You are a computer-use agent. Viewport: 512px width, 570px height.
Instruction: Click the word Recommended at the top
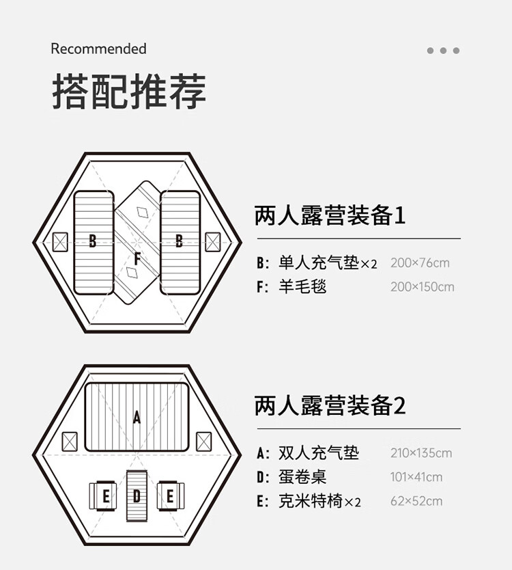(98, 49)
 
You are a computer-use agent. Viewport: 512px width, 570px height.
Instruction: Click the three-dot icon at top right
(443, 51)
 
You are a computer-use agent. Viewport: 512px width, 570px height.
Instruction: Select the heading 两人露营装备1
(330, 217)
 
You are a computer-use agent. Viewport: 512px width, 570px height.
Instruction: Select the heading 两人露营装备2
(330, 406)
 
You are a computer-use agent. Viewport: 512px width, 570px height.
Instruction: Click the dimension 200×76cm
(420, 263)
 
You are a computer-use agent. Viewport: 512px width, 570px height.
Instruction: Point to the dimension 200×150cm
(422, 287)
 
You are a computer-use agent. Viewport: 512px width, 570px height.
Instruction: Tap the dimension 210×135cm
(421, 453)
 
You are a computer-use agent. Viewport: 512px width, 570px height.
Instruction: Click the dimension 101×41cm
(416, 477)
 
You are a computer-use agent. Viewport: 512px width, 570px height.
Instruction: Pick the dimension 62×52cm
(416, 502)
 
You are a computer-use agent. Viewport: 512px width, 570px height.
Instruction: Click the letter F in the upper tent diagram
(137, 259)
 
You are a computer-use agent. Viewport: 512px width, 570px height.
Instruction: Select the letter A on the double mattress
(137, 417)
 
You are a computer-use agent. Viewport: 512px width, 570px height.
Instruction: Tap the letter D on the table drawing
(137, 496)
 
